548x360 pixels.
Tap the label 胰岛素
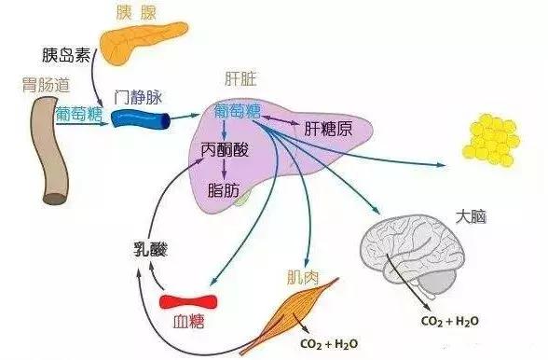pos(66,55)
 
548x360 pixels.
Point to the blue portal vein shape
pos(141,119)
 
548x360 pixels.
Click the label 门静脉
pos(138,97)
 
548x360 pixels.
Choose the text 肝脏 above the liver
pos(240,79)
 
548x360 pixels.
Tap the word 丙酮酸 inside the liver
pos(225,150)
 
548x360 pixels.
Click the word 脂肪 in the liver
pos(224,190)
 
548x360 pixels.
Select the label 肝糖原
pos(328,129)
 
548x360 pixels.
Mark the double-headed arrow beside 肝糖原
pos(281,120)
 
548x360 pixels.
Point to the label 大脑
pos(471,217)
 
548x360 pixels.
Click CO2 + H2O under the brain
pos(450,321)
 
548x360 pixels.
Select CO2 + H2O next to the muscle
pos(329,344)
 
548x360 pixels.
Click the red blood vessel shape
pos(188,302)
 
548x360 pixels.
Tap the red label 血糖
pos(188,322)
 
